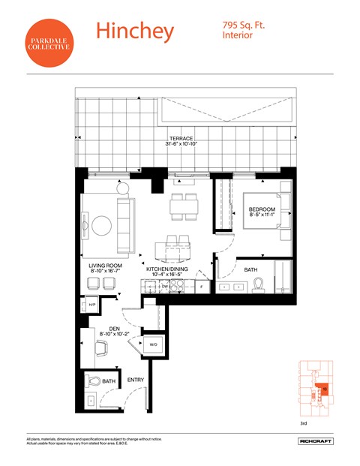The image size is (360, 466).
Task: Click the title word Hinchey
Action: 134,31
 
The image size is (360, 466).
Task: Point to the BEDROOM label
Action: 262,209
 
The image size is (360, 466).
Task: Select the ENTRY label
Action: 136,380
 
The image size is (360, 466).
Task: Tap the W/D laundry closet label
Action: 151,344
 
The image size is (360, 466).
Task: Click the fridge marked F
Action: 200,287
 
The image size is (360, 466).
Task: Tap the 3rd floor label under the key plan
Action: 304,424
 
